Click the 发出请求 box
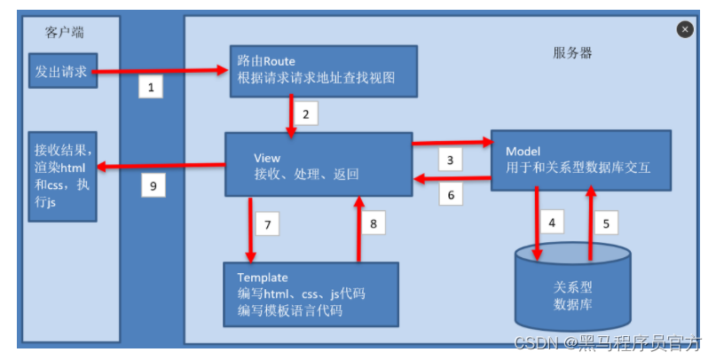(x=60, y=71)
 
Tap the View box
(x=318, y=164)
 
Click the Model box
(x=581, y=160)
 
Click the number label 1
(x=152, y=87)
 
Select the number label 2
(x=305, y=113)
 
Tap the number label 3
(x=450, y=160)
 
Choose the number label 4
(x=553, y=223)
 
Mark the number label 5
(x=606, y=223)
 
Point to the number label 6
(x=450, y=194)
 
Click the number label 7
(x=266, y=223)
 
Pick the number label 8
(x=373, y=223)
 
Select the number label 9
(x=153, y=186)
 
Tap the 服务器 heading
(x=572, y=52)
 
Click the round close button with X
(x=684, y=29)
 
